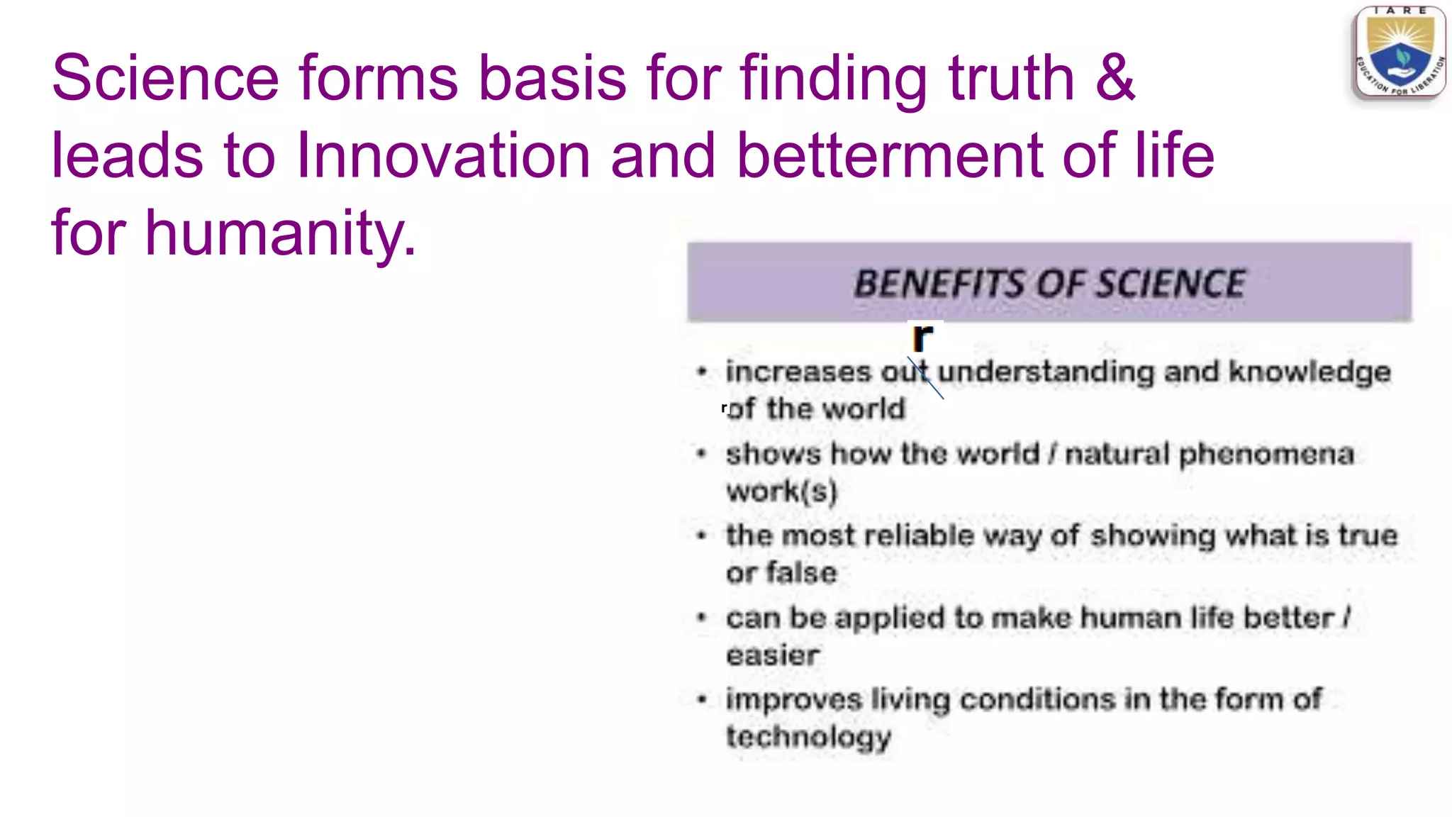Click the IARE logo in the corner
tap(1400, 53)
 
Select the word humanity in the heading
tap(280, 233)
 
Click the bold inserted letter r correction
tap(922, 338)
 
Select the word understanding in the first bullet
tap(1046, 372)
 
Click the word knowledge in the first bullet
tap(1309, 372)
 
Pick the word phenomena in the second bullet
tap(1266, 455)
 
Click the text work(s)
tap(781, 491)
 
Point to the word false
tap(801, 573)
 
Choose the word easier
tap(772, 655)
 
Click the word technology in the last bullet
tap(808, 738)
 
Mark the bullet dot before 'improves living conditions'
tap(702, 700)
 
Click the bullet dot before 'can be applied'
tap(702, 618)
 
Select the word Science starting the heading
tap(165, 77)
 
